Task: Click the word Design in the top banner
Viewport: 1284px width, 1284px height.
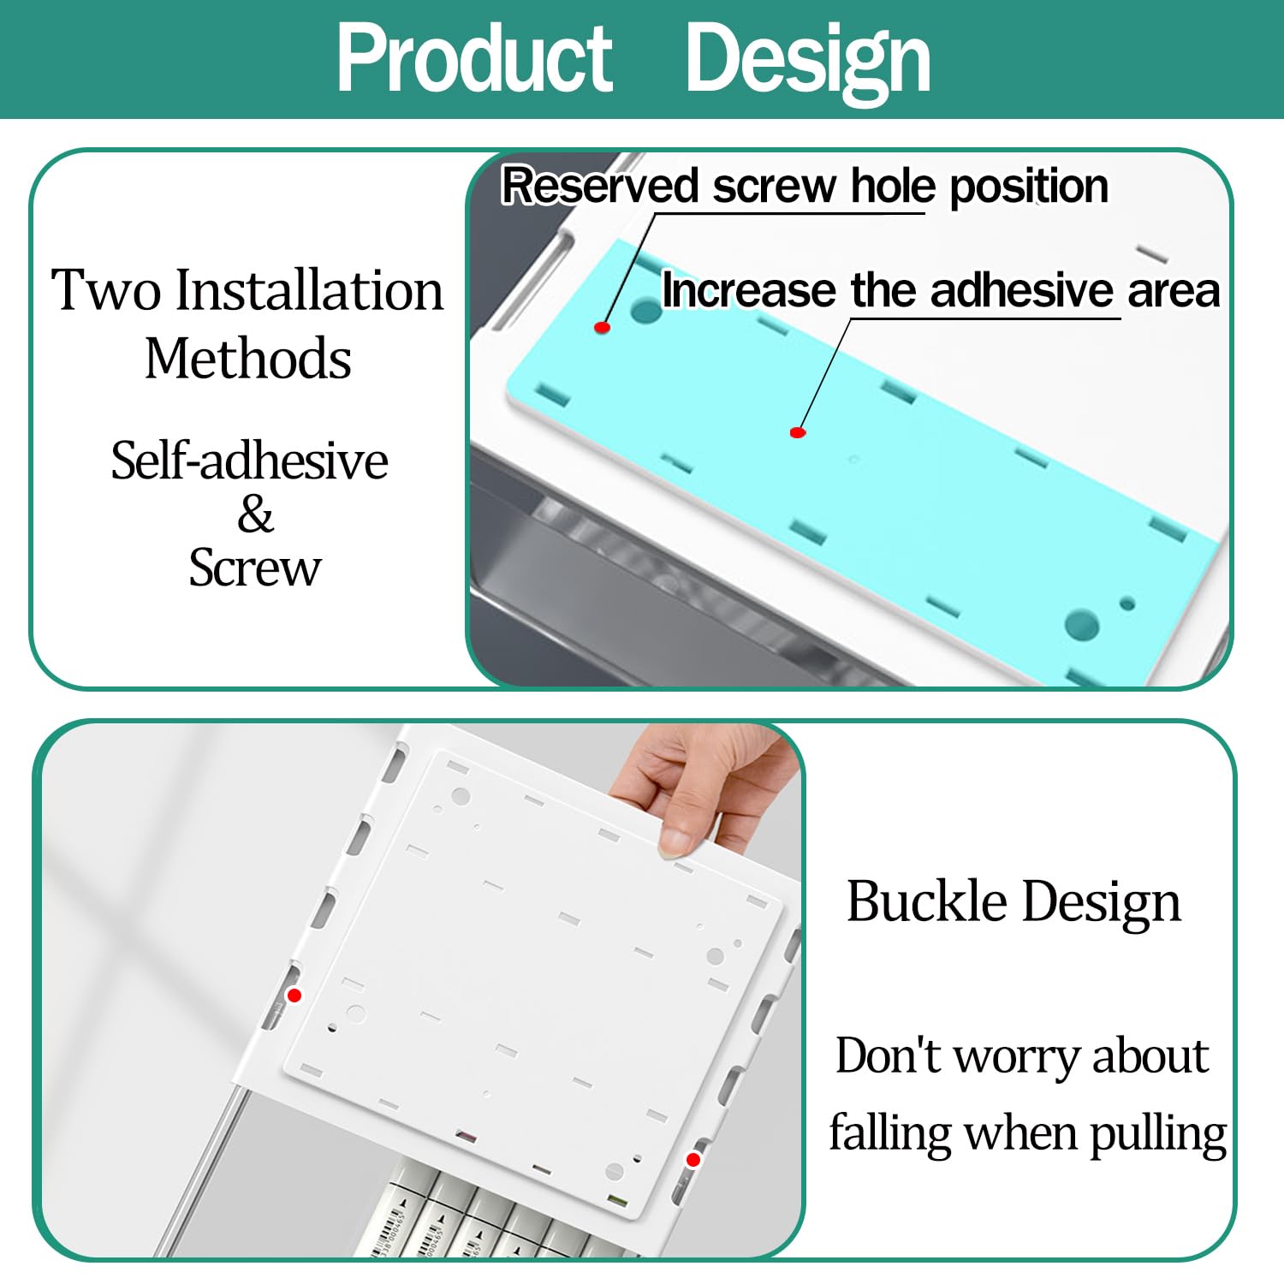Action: click(x=808, y=60)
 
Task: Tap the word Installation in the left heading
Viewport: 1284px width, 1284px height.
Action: click(x=310, y=289)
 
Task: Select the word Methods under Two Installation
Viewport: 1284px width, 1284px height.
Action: click(x=248, y=358)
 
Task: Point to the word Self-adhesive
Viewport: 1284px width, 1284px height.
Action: click(x=249, y=461)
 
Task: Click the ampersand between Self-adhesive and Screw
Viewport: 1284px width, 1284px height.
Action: click(x=255, y=514)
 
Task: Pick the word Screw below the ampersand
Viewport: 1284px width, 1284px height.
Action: click(x=255, y=568)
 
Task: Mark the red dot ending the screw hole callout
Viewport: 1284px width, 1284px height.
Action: click(x=602, y=327)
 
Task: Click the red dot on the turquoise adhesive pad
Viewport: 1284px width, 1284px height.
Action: click(x=798, y=432)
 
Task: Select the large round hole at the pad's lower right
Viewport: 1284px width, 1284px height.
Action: click(x=1082, y=624)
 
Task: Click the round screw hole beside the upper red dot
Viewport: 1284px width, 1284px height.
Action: click(x=646, y=309)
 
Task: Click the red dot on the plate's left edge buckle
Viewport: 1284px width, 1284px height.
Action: click(x=294, y=995)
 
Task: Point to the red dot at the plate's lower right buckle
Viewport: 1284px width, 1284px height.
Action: click(x=693, y=1160)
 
